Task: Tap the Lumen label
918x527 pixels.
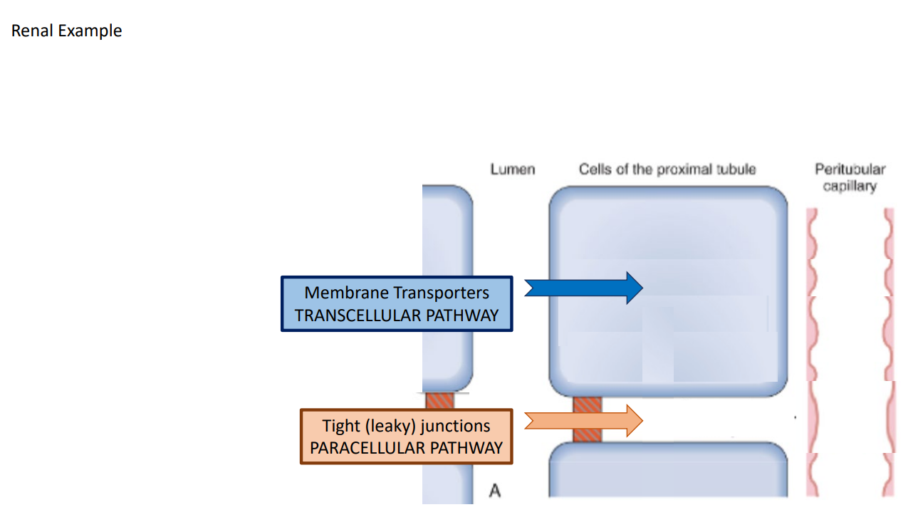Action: [513, 169]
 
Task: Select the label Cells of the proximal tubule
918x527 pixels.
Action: [667, 169]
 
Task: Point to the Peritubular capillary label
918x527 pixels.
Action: [850, 178]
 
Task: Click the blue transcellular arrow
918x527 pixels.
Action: [584, 287]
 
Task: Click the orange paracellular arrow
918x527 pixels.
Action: [584, 421]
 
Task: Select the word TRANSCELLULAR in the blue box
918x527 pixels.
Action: [358, 315]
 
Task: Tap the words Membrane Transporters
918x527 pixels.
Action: [397, 293]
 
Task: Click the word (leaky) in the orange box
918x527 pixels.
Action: [390, 426]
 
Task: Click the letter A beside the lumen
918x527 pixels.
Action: [494, 491]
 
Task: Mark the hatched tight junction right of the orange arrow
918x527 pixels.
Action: [588, 419]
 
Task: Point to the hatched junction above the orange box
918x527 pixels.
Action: [439, 401]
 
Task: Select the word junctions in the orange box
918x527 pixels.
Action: [455, 426]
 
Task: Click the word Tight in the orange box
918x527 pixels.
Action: [340, 426]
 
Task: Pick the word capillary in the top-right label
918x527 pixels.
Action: [850, 187]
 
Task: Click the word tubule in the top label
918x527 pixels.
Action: [738, 169]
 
